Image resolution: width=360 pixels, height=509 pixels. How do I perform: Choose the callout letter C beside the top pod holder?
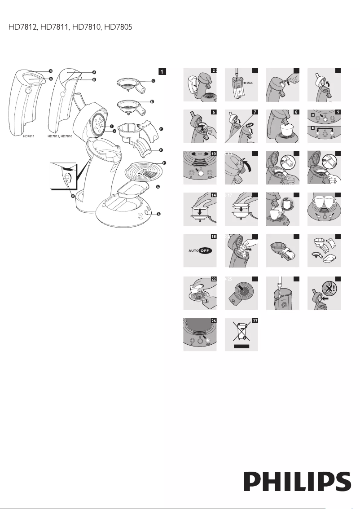153,81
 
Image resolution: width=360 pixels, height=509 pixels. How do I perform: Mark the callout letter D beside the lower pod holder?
152,102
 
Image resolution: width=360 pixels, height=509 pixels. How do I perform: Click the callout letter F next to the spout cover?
161,129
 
